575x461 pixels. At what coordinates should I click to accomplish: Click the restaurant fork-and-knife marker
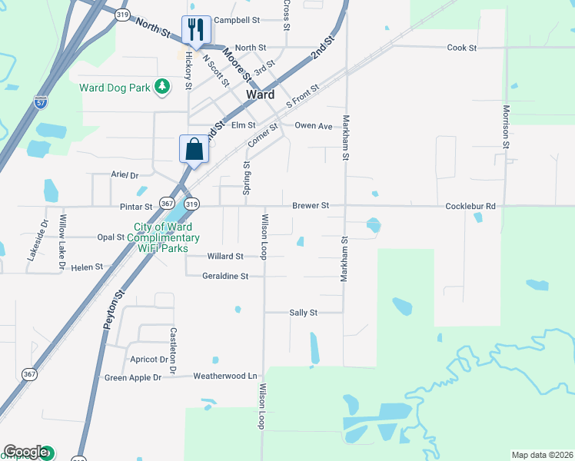coord(196,30)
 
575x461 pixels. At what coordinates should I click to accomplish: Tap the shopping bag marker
coord(194,148)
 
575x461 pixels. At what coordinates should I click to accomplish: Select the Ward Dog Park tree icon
coord(162,87)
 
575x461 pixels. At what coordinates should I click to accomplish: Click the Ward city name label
coord(261,95)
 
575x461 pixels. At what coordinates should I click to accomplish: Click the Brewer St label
coord(311,206)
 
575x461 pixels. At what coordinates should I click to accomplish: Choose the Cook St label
coord(462,48)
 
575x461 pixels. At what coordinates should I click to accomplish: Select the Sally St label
coord(303,313)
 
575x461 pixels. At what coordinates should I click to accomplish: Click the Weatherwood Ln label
coord(224,376)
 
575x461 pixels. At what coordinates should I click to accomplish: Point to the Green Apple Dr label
coord(133,377)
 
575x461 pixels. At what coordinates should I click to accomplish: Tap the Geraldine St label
coord(225,276)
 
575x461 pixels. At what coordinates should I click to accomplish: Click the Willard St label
coord(225,256)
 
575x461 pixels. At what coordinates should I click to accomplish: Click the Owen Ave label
coord(314,125)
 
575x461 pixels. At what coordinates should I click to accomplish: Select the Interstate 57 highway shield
coord(40,101)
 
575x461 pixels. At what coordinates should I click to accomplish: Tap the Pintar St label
coord(136,207)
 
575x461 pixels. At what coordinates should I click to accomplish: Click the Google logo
coord(25,452)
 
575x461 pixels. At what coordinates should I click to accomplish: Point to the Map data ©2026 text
coord(543,455)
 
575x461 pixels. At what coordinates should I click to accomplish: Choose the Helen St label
coord(87,267)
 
